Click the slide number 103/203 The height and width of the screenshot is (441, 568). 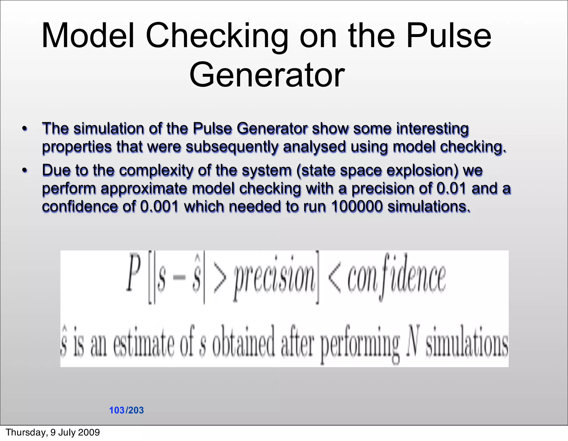tap(126, 410)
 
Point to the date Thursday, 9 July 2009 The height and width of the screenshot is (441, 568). tap(53, 432)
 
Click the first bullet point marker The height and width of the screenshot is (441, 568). tap(25, 129)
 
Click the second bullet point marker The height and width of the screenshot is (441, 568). tap(25, 170)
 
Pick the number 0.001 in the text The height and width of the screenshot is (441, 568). tap(159, 207)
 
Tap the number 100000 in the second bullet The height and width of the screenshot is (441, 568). tap(357, 207)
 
